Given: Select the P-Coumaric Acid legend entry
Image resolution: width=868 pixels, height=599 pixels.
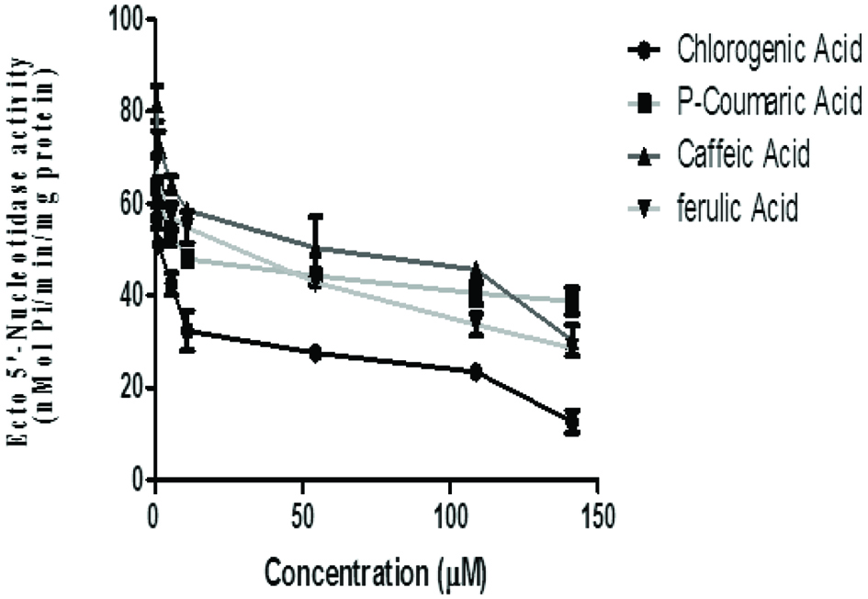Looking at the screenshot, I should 769,101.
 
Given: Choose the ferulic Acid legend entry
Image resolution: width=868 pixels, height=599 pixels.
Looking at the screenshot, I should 737,208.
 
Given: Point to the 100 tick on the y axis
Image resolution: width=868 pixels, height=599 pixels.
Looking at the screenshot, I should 124,18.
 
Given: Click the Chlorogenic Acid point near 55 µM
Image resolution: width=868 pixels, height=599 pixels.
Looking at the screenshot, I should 316,353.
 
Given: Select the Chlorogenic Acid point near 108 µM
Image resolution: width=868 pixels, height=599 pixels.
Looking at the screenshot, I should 476,371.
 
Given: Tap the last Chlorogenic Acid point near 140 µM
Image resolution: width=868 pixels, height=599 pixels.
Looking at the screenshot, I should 572,422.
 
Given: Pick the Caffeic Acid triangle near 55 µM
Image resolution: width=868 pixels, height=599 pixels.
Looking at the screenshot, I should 316,249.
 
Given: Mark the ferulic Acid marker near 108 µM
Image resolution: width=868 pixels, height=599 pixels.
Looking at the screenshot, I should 476,319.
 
